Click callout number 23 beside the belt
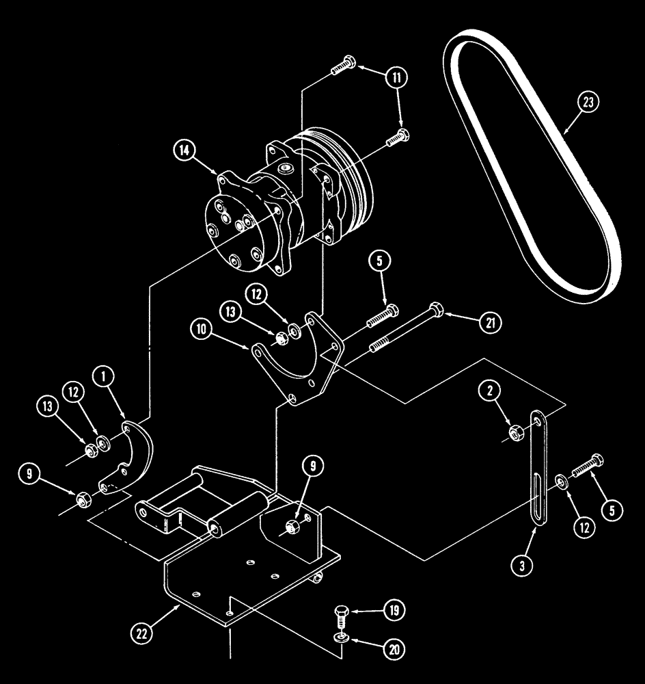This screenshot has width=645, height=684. click(588, 103)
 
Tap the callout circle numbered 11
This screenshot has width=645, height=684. click(397, 77)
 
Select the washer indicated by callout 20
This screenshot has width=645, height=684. click(341, 638)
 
